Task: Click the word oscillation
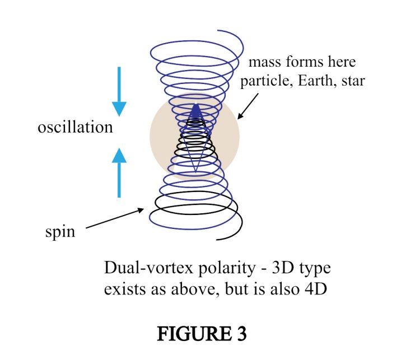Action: coord(75,127)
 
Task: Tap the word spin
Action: coord(60,231)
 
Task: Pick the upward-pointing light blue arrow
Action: coord(119,171)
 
